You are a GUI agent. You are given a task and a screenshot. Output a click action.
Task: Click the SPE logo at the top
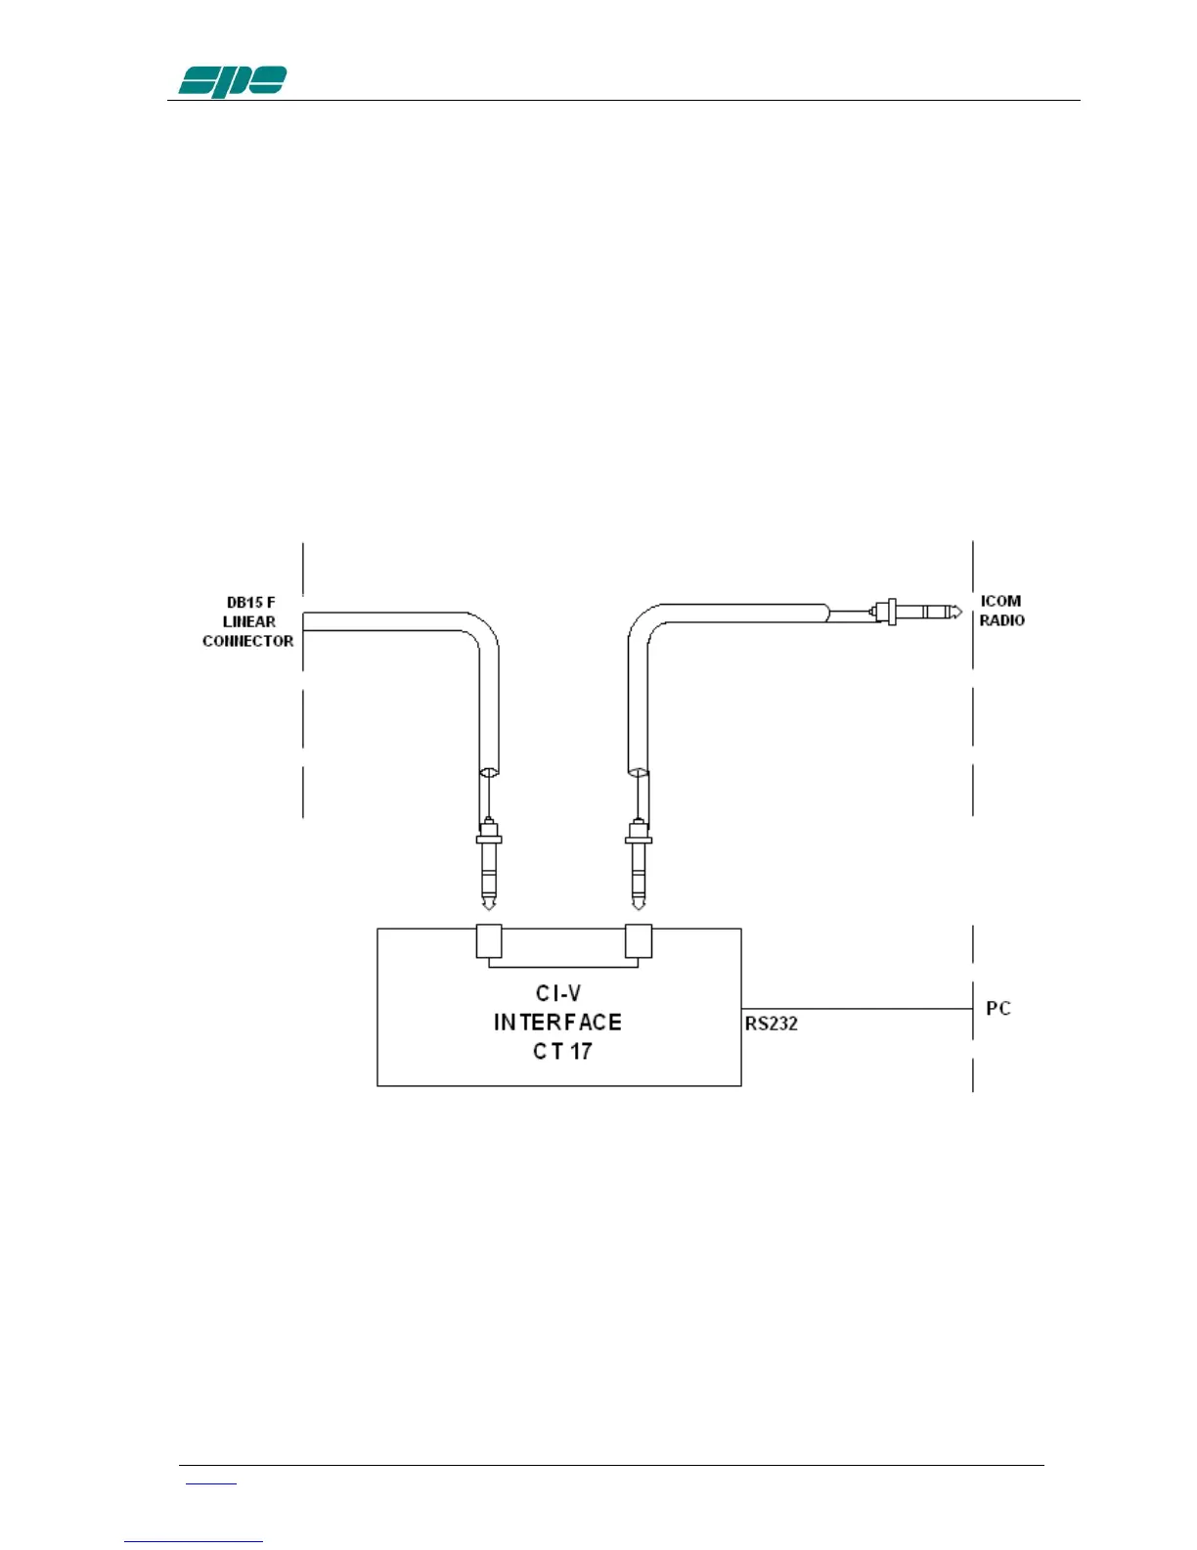[232, 81]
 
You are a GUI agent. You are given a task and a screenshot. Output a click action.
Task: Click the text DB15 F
[250, 603]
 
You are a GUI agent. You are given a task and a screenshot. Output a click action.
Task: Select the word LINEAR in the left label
[248, 621]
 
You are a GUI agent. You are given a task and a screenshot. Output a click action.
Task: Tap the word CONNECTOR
[247, 641]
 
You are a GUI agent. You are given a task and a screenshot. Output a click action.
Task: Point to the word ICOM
[1000, 601]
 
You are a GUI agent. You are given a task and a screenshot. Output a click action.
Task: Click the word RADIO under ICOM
[1001, 620]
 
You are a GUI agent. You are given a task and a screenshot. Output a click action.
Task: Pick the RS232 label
[772, 1024]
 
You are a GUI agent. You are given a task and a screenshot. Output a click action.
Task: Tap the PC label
[998, 1008]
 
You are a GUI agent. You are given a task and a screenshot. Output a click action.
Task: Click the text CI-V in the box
[558, 994]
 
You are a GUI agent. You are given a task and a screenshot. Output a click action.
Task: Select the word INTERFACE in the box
[557, 1023]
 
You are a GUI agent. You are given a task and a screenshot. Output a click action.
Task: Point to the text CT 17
[562, 1052]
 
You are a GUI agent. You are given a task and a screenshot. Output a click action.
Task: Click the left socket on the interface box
[489, 940]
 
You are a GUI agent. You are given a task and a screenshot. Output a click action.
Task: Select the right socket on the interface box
[639, 940]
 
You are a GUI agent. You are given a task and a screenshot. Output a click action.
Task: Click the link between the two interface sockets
[563, 966]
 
